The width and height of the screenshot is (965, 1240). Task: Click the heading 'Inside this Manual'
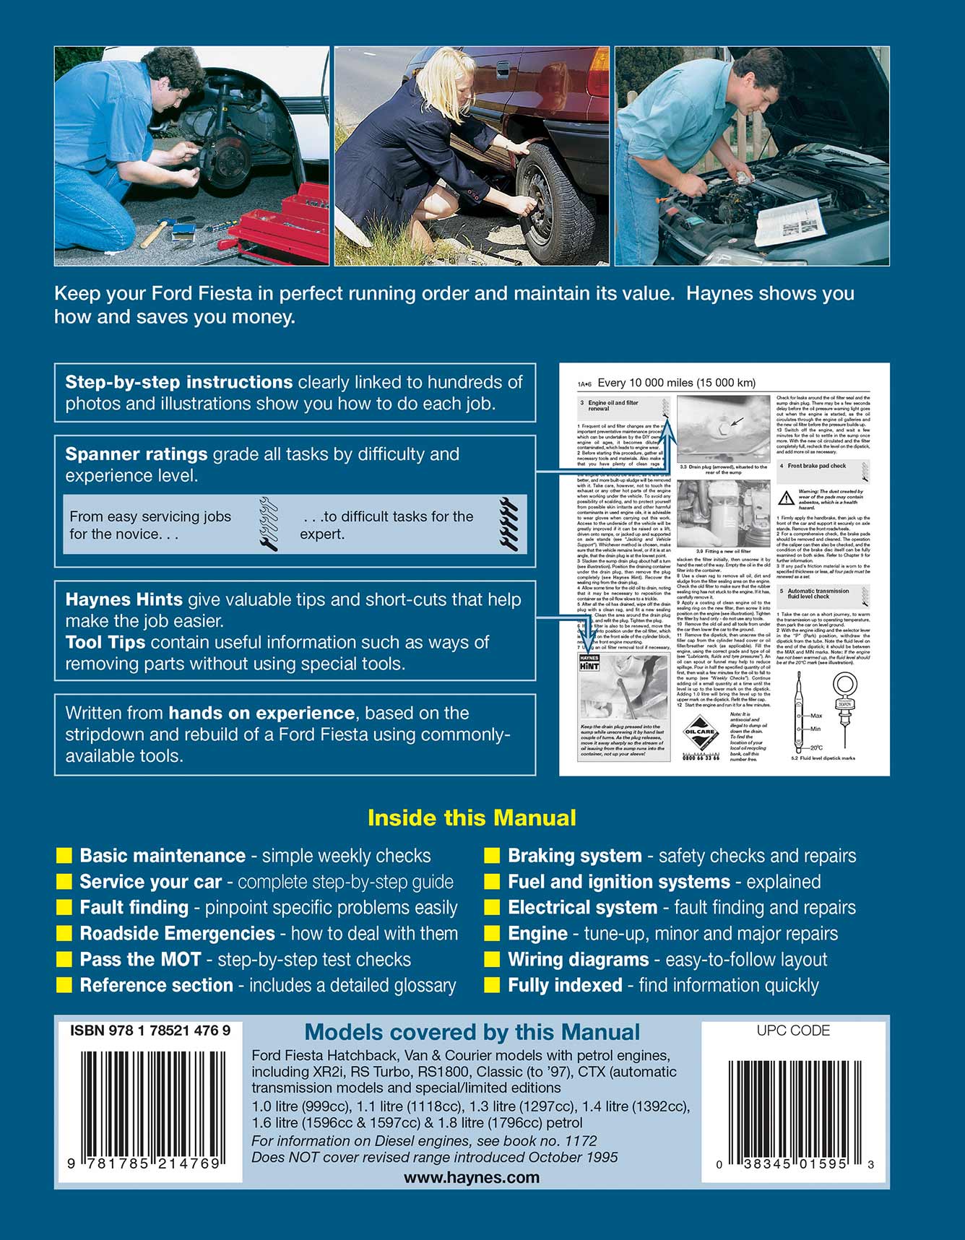472,818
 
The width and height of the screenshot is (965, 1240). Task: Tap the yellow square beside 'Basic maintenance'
64,856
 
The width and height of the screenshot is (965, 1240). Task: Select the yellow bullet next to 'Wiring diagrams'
493,960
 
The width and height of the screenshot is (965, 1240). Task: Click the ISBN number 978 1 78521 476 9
150,1031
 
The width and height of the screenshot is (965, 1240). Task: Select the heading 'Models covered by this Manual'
472,1033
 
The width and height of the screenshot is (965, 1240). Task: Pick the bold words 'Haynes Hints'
124,599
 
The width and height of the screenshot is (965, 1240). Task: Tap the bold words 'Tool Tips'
105,643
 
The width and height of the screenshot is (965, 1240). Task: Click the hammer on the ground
154,233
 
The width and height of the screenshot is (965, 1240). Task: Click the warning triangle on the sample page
786,498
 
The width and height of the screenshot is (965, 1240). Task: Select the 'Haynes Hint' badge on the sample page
589,662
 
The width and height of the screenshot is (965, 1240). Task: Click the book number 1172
580,1141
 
